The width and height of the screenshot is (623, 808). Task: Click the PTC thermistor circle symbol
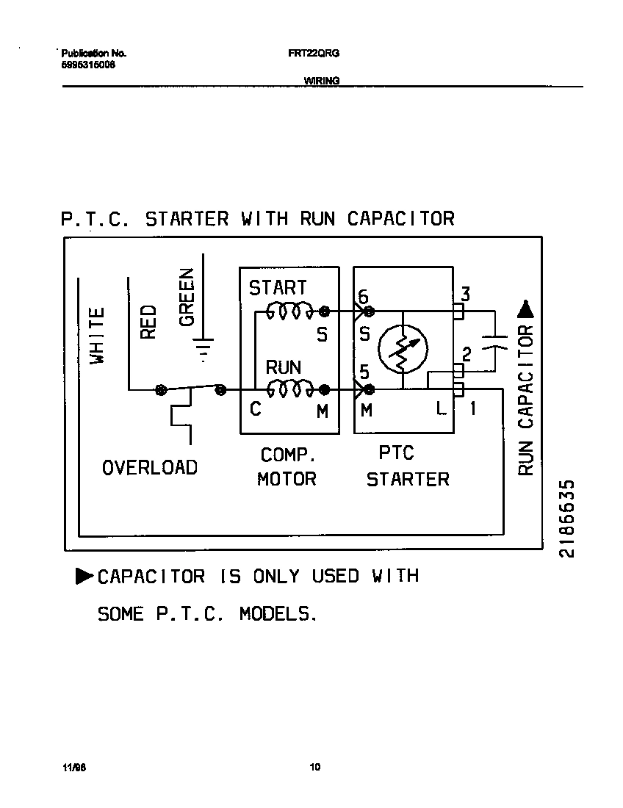(402, 348)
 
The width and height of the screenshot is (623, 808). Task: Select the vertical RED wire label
(148, 322)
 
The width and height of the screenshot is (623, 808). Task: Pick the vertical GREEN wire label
(187, 297)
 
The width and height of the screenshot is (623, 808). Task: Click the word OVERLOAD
(150, 468)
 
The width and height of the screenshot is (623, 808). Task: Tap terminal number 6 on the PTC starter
(363, 297)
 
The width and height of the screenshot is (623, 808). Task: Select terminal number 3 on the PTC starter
(465, 295)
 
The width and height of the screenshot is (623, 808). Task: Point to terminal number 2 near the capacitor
(467, 356)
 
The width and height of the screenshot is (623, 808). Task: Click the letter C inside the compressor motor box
(255, 409)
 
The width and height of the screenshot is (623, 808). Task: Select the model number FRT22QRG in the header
(314, 54)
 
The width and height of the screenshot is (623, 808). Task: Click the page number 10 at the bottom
(314, 768)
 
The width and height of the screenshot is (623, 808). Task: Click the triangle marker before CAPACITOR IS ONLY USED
(84, 576)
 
